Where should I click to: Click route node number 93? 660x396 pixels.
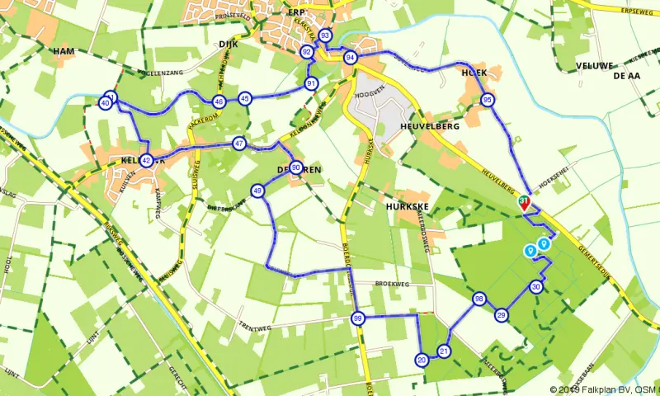point(325,36)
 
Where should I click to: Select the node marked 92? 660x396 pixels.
point(307,52)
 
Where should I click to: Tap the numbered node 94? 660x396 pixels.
point(351,57)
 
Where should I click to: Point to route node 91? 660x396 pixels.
point(311,83)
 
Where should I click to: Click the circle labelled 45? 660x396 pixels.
point(245,98)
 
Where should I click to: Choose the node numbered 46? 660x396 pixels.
point(219,101)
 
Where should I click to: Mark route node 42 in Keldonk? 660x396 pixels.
point(146,160)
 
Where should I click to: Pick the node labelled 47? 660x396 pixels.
point(238,143)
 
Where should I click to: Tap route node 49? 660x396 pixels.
point(257,191)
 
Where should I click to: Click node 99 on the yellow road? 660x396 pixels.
point(357,318)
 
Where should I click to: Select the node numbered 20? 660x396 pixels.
point(422,360)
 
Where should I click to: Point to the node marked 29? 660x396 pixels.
point(501,315)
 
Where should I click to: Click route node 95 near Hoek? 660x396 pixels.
point(488,100)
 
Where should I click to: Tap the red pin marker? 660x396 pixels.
point(524,203)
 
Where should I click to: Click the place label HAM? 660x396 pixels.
point(64,51)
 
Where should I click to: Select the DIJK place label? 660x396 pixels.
point(229,45)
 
